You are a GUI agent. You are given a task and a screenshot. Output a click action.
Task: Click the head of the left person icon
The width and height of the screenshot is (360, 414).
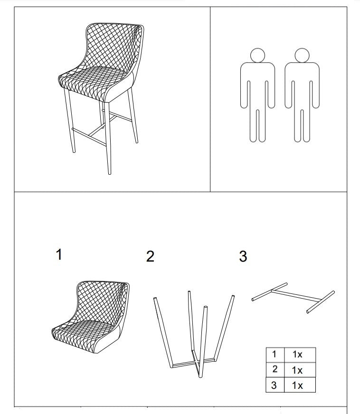coord(257,56)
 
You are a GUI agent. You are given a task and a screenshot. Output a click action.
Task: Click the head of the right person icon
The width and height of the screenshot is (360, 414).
coord(302,56)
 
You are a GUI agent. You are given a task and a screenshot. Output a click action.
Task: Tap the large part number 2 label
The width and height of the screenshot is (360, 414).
coord(150,256)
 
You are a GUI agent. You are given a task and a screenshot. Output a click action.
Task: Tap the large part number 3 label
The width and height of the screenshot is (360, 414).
coord(243,256)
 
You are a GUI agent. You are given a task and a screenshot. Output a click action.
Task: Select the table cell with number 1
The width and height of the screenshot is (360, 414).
coord(275,355)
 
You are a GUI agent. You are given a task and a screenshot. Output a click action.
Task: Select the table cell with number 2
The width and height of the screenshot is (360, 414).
coord(275,370)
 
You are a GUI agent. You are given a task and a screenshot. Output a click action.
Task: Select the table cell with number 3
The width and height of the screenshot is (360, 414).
coord(275,385)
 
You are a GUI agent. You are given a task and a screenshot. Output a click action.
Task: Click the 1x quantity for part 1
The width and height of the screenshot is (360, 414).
coord(297,354)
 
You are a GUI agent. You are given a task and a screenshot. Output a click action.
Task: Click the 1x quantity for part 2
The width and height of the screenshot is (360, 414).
coord(297,370)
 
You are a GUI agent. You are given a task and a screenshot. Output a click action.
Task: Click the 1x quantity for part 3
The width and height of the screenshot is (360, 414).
coord(297,386)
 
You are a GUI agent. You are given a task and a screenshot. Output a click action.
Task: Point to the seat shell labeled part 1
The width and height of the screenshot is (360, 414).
coord(91,317)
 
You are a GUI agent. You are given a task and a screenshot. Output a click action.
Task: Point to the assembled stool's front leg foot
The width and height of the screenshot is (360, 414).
coord(109,173)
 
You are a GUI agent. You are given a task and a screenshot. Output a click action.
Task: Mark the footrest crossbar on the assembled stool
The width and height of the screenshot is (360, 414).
coord(89,137)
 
